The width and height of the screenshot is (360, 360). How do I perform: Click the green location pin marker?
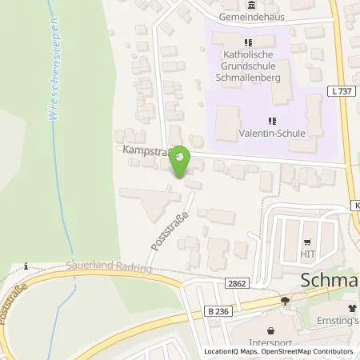pyautogui.click(x=181, y=162)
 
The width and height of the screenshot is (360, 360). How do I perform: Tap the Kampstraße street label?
pyautogui.click(x=144, y=150)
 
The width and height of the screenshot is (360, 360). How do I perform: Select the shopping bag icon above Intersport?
pyautogui.click(x=271, y=330)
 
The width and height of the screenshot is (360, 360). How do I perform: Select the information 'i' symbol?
pyautogui.click(x=26, y=266)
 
